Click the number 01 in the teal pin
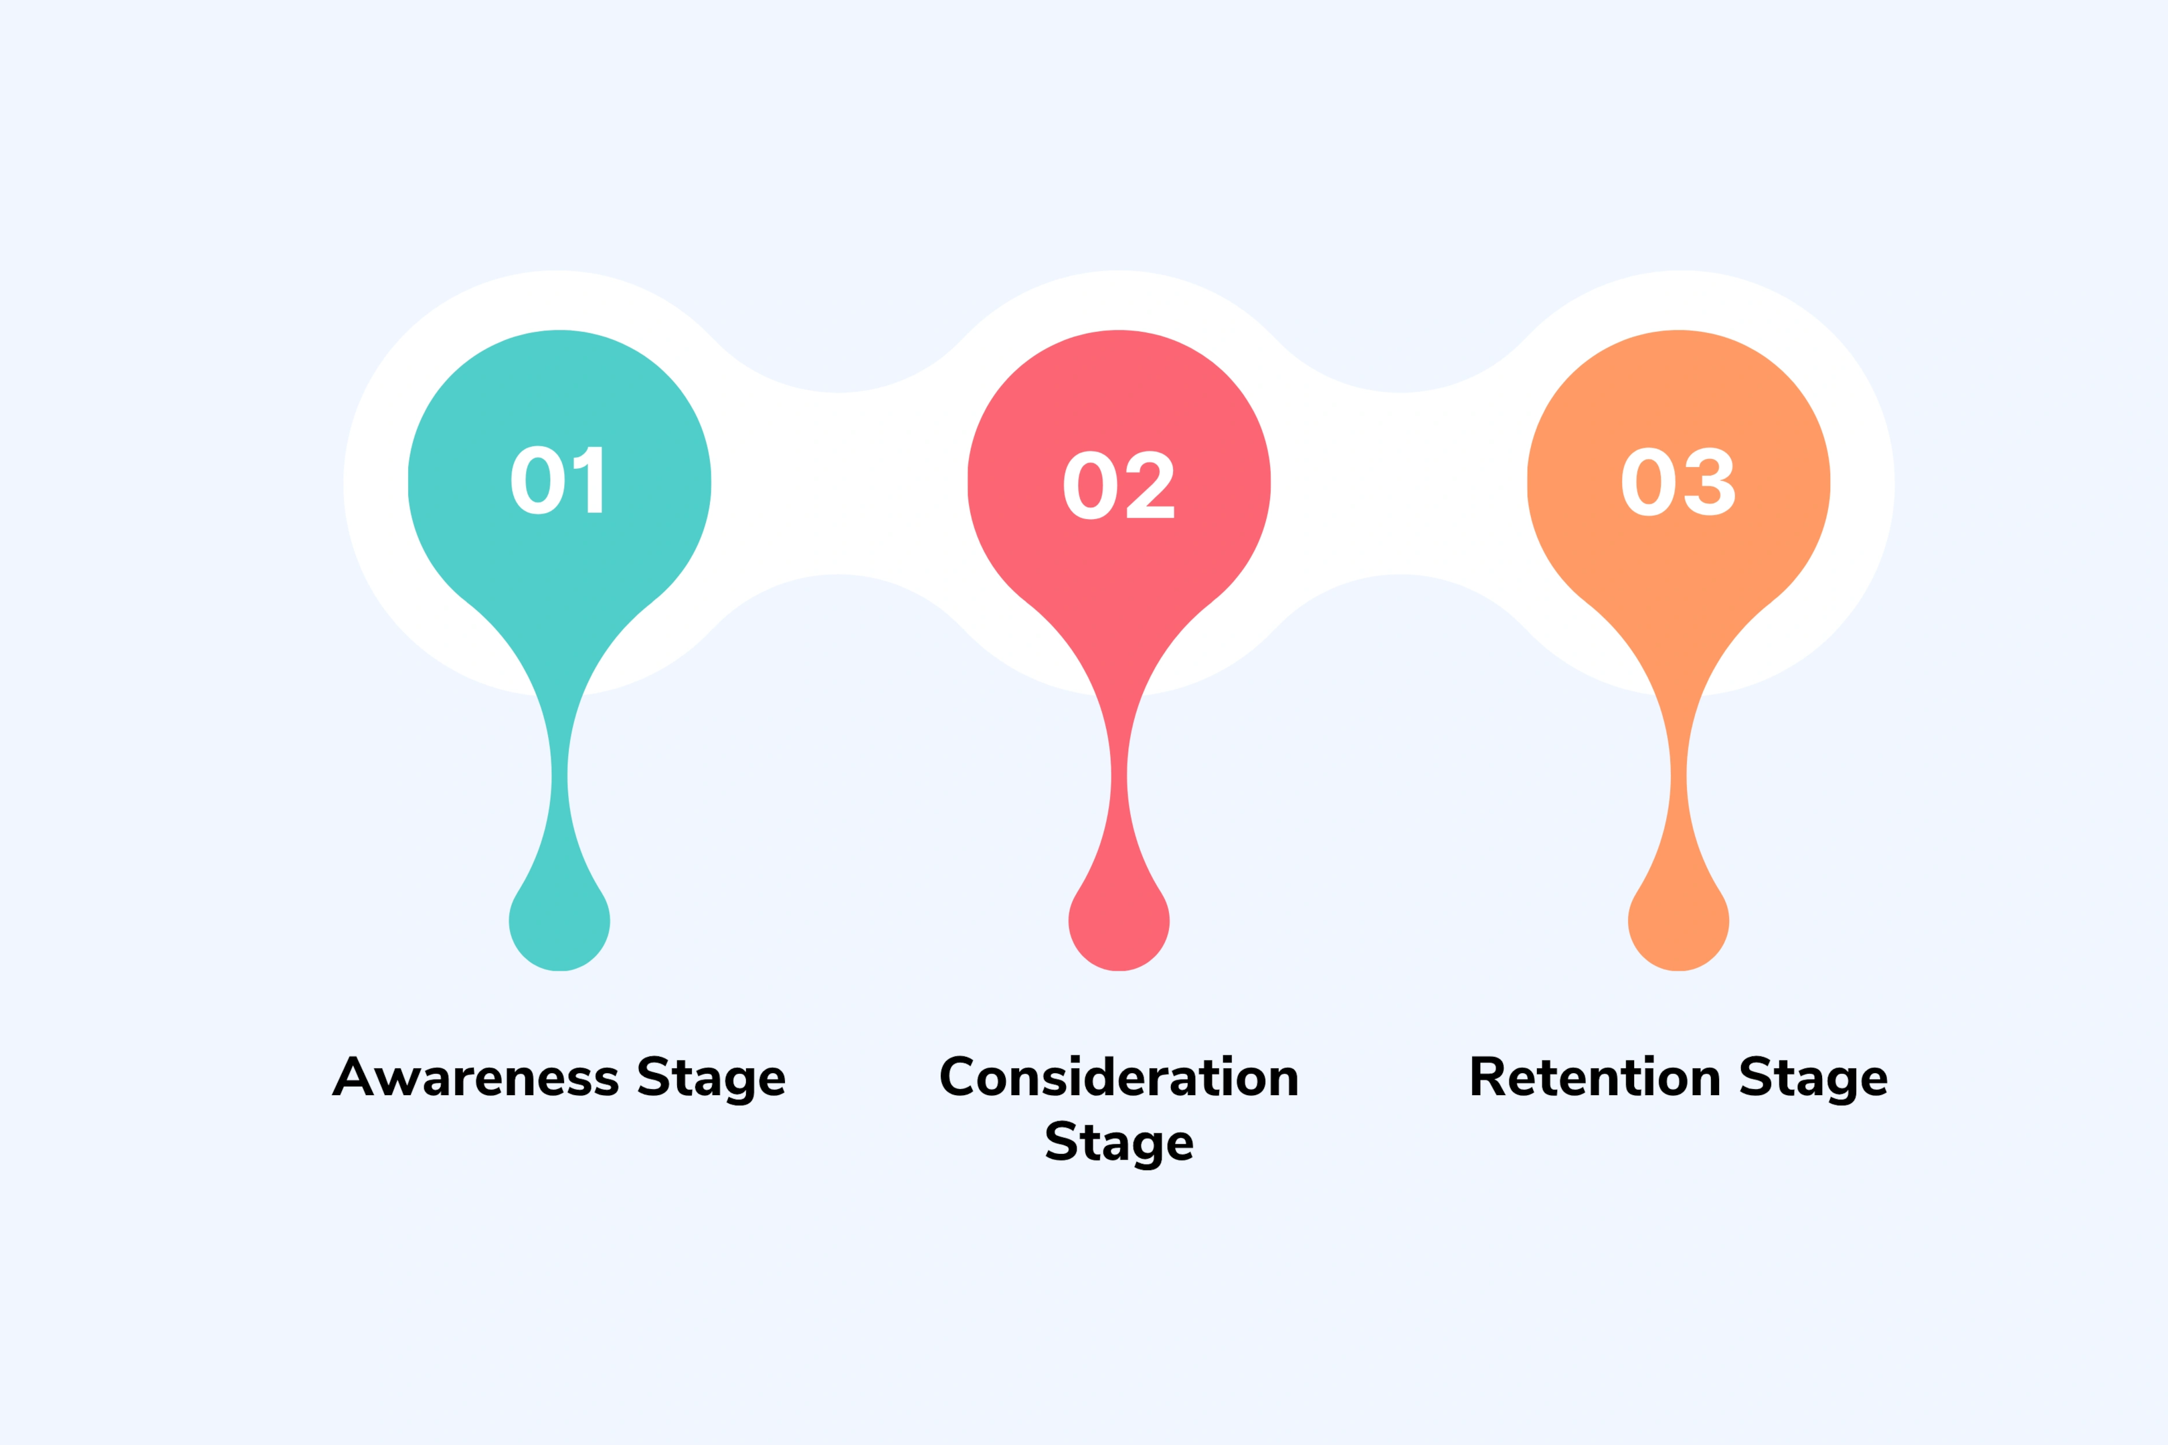(x=557, y=480)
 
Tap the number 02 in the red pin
(x=1118, y=485)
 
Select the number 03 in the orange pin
(x=1678, y=482)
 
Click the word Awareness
(x=476, y=1076)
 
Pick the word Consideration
(x=1119, y=1076)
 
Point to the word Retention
(x=1595, y=1076)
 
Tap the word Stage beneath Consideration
(x=1119, y=1143)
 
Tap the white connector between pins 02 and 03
(x=1399, y=483)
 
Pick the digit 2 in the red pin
(x=1150, y=485)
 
